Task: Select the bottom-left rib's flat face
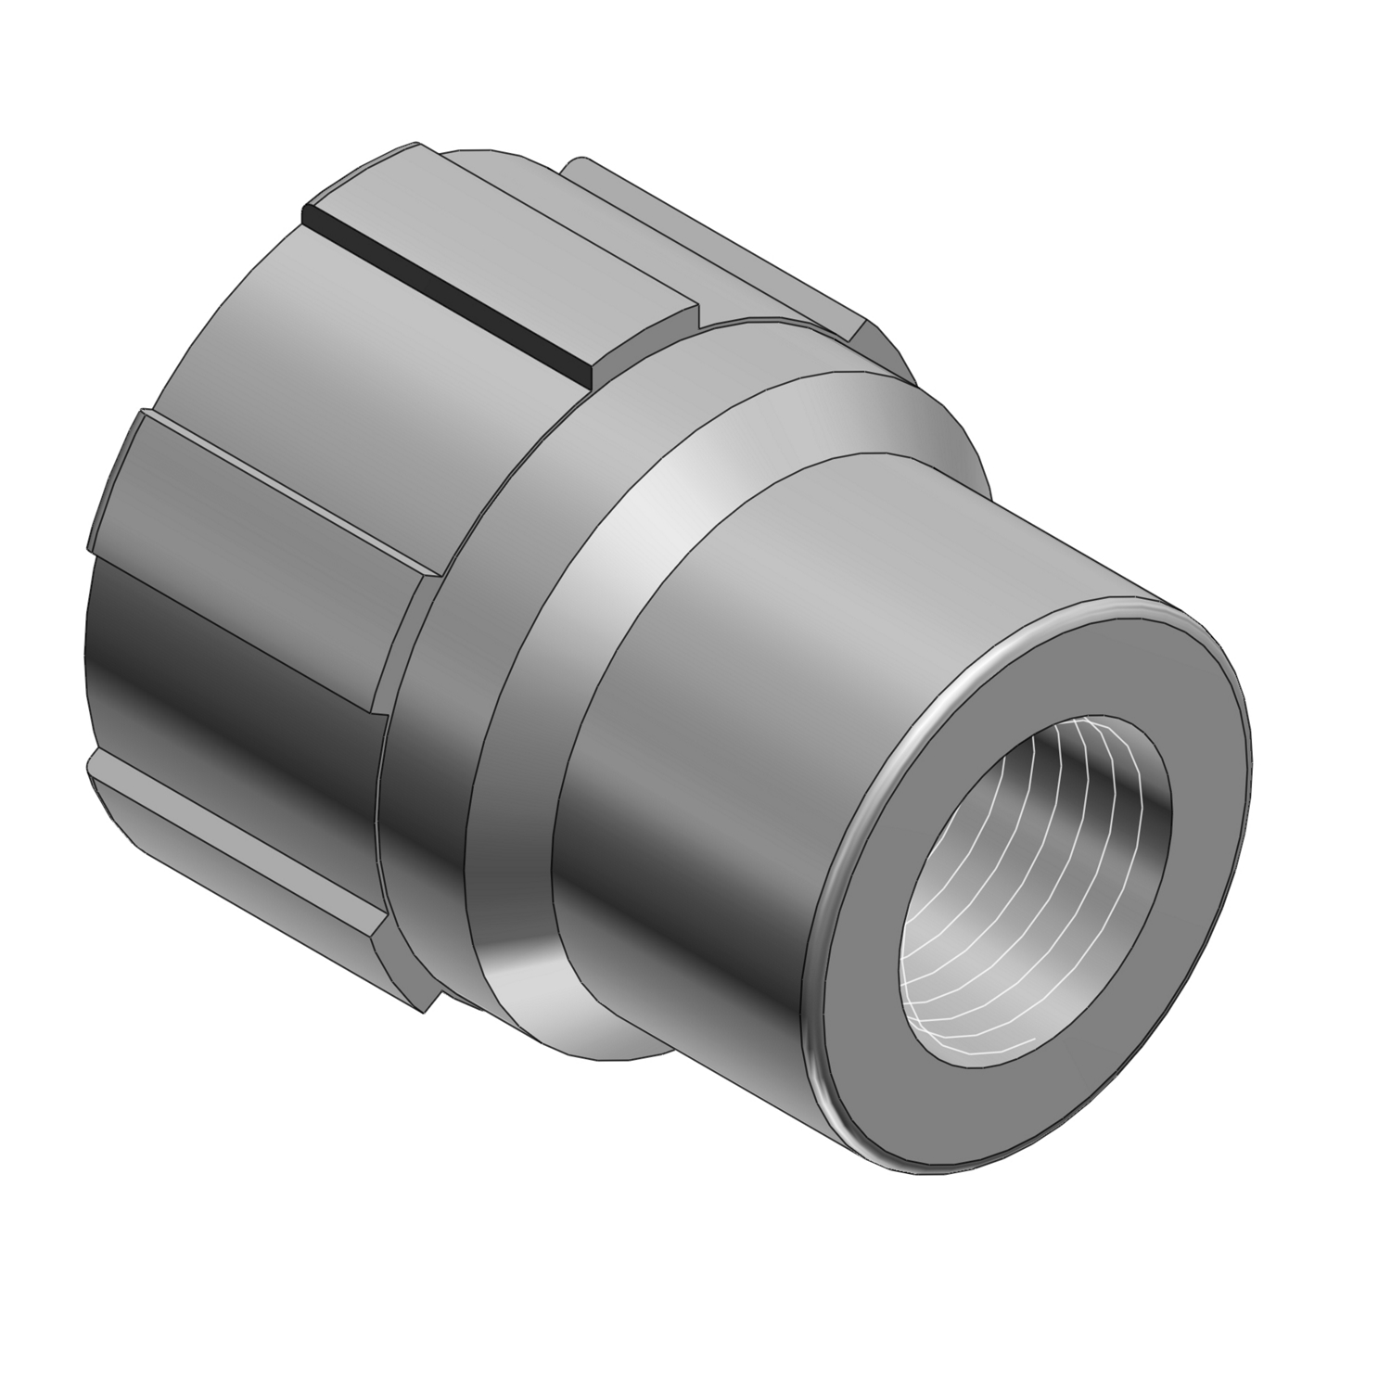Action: pyautogui.click(x=232, y=835)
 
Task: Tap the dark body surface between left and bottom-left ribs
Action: pyautogui.click(x=232, y=649)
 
